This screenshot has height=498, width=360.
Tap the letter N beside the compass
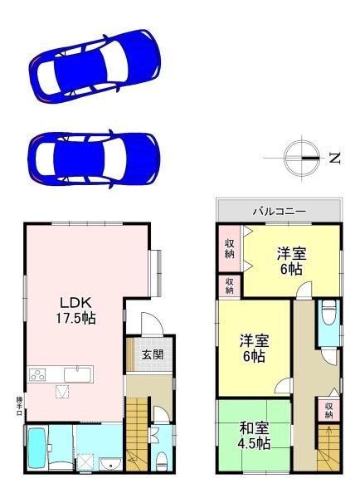[333, 158]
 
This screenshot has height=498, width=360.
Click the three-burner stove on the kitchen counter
[39, 374]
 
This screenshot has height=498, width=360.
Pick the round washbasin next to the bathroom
[108, 463]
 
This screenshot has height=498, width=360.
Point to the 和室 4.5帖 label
[255, 436]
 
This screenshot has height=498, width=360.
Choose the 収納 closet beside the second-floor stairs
[329, 409]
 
